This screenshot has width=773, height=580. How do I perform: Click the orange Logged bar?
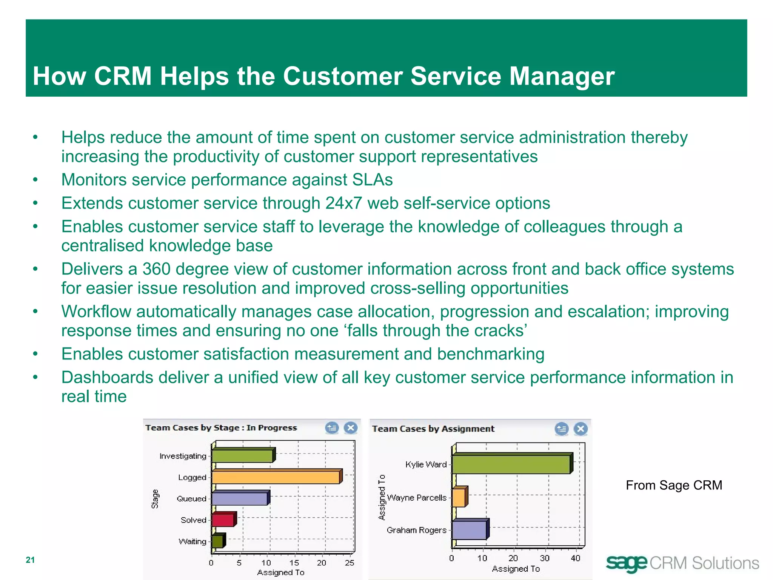coord(276,478)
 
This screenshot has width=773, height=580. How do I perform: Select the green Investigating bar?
coord(242,456)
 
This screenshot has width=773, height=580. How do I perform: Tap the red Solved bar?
coord(223,520)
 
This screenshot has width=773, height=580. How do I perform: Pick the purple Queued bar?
coord(239,499)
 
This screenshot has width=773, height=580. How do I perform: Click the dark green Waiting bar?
coord(217,541)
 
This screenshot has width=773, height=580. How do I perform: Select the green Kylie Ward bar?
coord(511,464)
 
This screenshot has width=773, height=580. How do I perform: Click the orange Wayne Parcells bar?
coord(459,498)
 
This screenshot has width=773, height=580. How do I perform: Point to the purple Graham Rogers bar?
coord(469,530)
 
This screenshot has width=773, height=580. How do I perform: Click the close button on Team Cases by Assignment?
coord(581,429)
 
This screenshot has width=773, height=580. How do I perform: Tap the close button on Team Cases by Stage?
coord(351,428)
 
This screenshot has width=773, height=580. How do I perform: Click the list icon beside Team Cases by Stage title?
coord(332,428)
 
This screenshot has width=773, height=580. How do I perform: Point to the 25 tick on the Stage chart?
coord(350,563)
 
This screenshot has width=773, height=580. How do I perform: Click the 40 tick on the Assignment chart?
coord(576,558)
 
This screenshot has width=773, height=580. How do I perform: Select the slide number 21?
coord(30,560)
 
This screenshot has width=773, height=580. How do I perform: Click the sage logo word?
coord(627,563)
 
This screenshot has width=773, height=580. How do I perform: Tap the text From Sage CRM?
coord(674,485)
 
